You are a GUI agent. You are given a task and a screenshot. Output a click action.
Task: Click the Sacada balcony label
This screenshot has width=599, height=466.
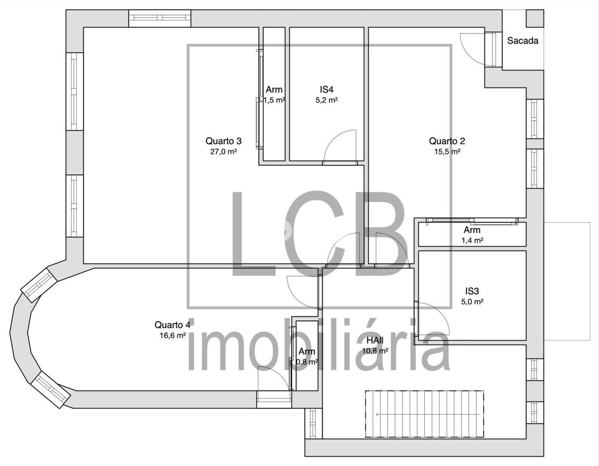[523, 41]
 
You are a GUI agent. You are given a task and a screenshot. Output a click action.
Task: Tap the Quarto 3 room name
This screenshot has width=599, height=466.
[223, 141]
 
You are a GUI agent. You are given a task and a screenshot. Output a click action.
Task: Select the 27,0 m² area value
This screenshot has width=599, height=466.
[223, 152]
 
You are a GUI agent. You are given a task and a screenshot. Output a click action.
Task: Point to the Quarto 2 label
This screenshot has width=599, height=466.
[447, 141]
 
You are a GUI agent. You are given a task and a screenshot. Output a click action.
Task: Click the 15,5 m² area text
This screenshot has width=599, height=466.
[447, 152]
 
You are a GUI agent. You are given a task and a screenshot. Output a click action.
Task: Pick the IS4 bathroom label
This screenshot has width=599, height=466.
[327, 90]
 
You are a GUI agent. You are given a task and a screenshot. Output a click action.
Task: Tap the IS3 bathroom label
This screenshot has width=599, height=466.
[472, 291]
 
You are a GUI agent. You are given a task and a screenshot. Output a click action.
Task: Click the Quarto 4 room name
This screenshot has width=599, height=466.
[172, 325]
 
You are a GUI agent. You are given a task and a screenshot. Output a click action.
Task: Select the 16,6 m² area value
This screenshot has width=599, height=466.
[173, 336]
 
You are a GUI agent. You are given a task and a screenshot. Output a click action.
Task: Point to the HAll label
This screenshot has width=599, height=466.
[375, 340]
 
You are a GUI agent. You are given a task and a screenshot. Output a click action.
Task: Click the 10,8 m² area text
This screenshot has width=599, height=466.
[375, 351]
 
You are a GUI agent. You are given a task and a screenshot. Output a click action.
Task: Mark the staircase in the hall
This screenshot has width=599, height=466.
[425, 414]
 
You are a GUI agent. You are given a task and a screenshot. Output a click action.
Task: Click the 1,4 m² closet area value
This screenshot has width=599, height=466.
[472, 241]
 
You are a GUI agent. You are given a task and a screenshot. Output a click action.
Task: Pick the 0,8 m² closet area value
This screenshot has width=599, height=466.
[307, 362]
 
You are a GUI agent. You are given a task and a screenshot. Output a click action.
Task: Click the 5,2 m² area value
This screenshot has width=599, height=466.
[327, 100]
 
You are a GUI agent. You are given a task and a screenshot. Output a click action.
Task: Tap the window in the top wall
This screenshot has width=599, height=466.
[160, 18]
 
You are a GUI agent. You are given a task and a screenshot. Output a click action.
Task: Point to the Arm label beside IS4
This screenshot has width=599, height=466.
[274, 90]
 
